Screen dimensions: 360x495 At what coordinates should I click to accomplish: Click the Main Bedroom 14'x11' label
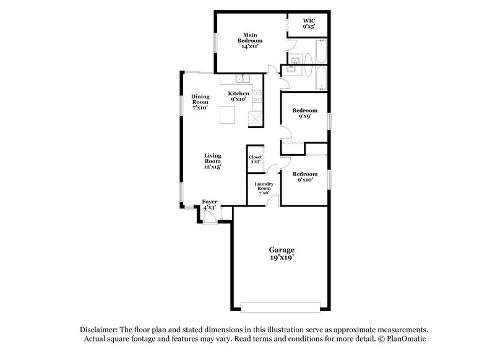250,41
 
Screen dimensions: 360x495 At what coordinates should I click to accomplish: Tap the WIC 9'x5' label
309,24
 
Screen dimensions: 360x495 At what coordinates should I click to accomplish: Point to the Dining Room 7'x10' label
200,101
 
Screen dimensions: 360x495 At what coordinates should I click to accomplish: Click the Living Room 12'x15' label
213,161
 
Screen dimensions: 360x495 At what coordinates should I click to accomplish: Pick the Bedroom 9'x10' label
305,177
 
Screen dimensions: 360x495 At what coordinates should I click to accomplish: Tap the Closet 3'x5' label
256,160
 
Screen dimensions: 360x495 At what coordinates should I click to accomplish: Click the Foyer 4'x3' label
210,205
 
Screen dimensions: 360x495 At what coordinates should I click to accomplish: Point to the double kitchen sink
241,79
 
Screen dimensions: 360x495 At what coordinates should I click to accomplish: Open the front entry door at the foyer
209,218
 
